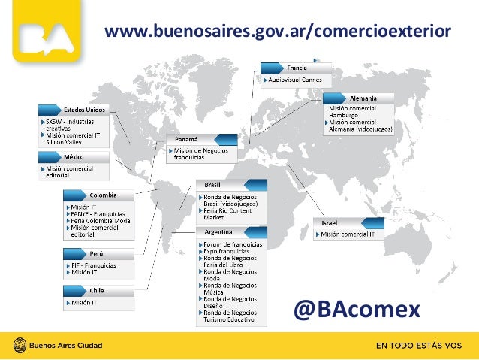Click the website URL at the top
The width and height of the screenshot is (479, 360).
click(278, 32)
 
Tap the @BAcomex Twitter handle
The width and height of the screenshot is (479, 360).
click(357, 308)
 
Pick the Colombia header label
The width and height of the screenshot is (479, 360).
click(103, 195)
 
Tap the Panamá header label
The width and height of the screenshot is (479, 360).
click(187, 140)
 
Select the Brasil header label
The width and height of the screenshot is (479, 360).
click(212, 185)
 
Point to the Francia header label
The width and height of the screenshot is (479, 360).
click(297, 68)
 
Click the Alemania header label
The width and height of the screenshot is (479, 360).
click(363, 98)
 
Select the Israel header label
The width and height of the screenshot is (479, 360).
click(330, 223)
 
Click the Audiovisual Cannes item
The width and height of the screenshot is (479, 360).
click(295, 78)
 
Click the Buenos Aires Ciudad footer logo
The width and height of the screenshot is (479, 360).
click(56, 346)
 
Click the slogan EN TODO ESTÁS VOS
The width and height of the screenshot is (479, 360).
click(417, 346)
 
